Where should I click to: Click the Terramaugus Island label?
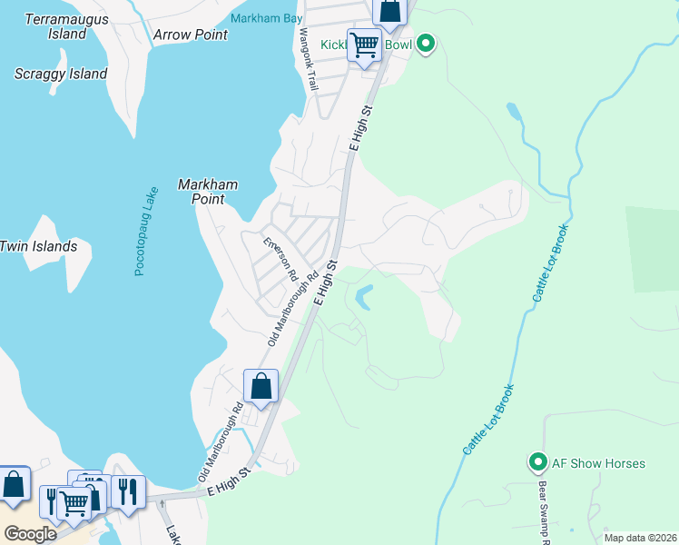66,26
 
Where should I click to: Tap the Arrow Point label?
191,35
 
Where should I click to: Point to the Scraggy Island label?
61,74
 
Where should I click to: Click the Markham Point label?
207,191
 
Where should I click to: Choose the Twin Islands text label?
38,246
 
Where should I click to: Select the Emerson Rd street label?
280,260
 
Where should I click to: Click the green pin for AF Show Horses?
537,463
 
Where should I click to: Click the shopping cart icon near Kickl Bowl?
364,44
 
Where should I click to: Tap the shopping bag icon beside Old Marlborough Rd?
261,386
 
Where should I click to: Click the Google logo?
29,533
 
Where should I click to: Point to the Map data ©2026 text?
639,538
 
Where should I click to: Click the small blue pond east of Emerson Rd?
365,297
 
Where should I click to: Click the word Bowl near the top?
398,44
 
